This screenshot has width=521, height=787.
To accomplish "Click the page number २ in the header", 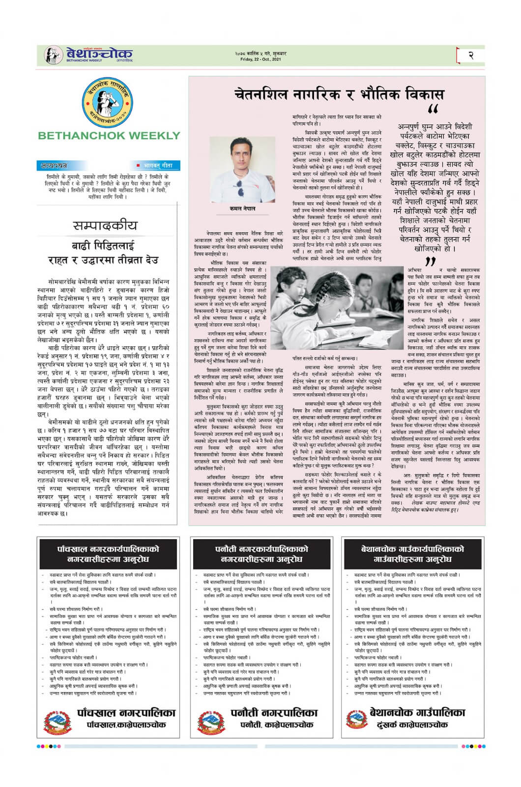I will (470, 55).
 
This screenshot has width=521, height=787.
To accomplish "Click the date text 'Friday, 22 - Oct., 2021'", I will (260, 59).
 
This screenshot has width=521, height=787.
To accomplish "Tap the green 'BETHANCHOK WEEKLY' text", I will (109, 136).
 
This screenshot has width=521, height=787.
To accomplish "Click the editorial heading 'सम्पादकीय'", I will (105, 226).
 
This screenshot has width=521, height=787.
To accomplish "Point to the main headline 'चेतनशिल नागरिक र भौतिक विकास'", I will (339, 94).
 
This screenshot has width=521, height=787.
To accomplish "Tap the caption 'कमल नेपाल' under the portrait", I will (242, 209).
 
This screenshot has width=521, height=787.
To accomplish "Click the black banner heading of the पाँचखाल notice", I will (109, 554).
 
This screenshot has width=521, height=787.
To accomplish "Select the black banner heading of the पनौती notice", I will (261, 554).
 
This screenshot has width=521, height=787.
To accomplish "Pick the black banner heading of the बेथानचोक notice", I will (412, 554).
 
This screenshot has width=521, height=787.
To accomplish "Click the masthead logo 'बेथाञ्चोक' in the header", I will (98, 53).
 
